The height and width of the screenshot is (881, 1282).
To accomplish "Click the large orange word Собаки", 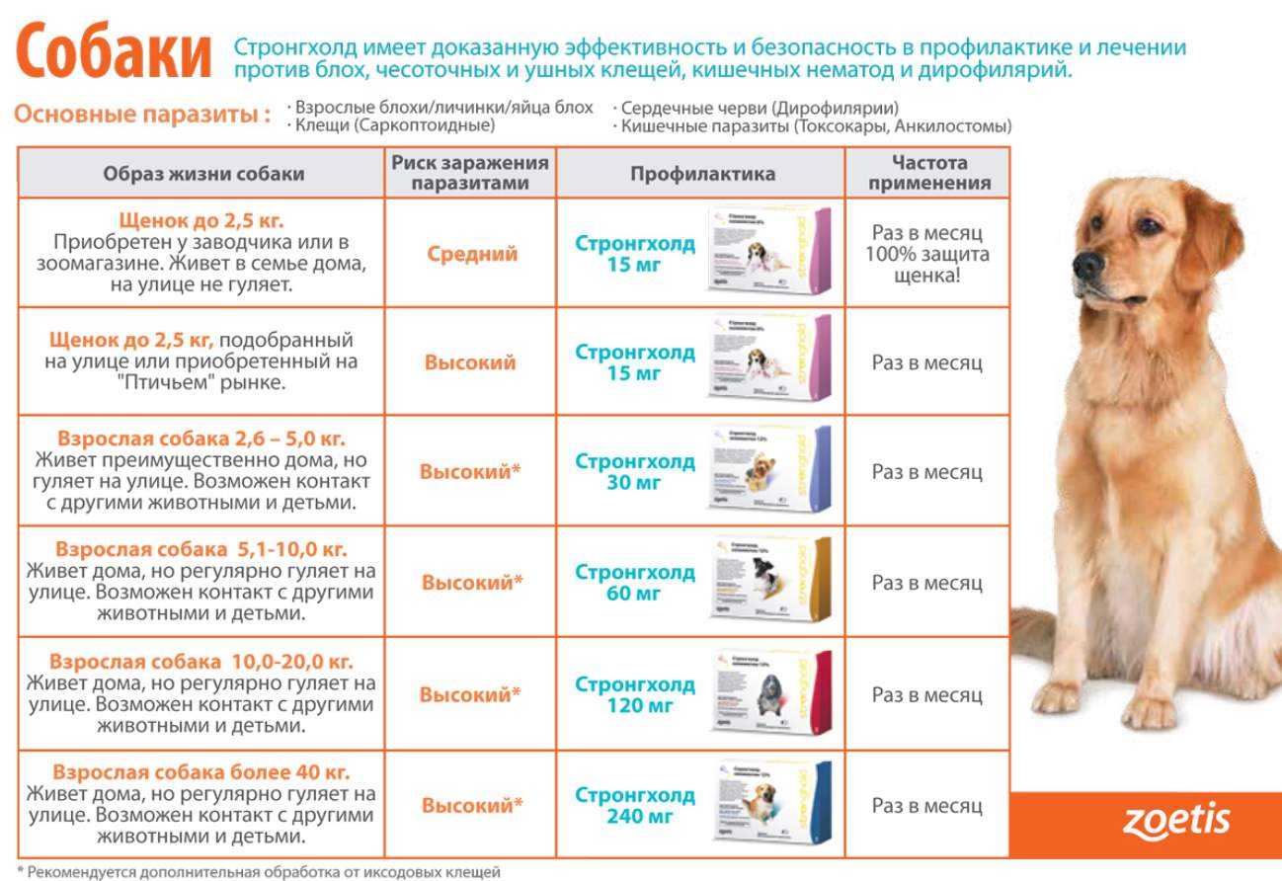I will (115, 55).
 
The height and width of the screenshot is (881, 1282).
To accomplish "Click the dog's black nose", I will (1087, 263).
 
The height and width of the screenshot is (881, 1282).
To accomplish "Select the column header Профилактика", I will (702, 174).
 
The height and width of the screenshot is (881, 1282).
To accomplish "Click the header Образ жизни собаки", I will (203, 174).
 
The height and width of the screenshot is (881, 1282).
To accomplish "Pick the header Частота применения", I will (928, 173).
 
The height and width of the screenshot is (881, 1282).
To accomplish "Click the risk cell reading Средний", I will (472, 254).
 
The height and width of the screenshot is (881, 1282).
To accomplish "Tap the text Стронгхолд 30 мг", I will (635, 472).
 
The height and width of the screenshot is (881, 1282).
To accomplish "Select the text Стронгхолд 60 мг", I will (635, 583).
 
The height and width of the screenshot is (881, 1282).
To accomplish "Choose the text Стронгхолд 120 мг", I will (635, 695).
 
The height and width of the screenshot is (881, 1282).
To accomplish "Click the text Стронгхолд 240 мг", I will (635, 806).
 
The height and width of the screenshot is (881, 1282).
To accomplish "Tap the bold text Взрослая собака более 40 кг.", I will (201, 772).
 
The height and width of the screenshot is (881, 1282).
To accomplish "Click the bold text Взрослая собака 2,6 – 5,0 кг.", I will (201, 439).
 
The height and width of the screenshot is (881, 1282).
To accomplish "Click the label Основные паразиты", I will (142, 115).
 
